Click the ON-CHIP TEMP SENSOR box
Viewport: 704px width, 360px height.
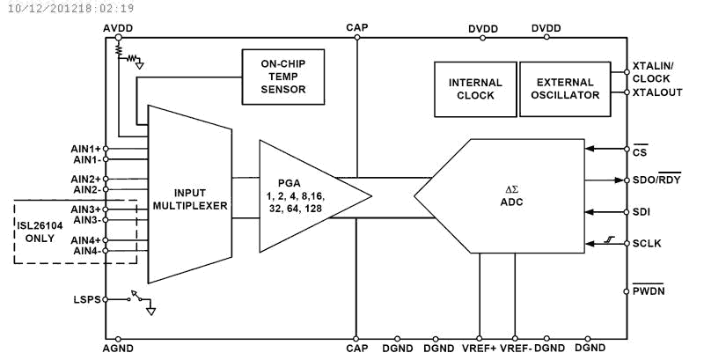[x=283, y=77]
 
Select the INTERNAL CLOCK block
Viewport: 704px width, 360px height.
[x=474, y=89]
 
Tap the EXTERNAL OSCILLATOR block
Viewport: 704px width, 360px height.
[x=561, y=89]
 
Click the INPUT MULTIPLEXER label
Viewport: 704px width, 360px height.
[x=189, y=199]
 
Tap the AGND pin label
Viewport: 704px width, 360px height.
[x=118, y=349]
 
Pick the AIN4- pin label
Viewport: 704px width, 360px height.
[x=86, y=251]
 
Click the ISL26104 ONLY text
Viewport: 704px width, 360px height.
[x=43, y=231]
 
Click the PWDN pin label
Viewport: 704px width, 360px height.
[x=649, y=290]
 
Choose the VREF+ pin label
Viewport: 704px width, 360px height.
[x=480, y=349]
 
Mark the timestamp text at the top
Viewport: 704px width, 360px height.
[x=68, y=8]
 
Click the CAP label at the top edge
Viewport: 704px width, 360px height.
[x=356, y=28]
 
